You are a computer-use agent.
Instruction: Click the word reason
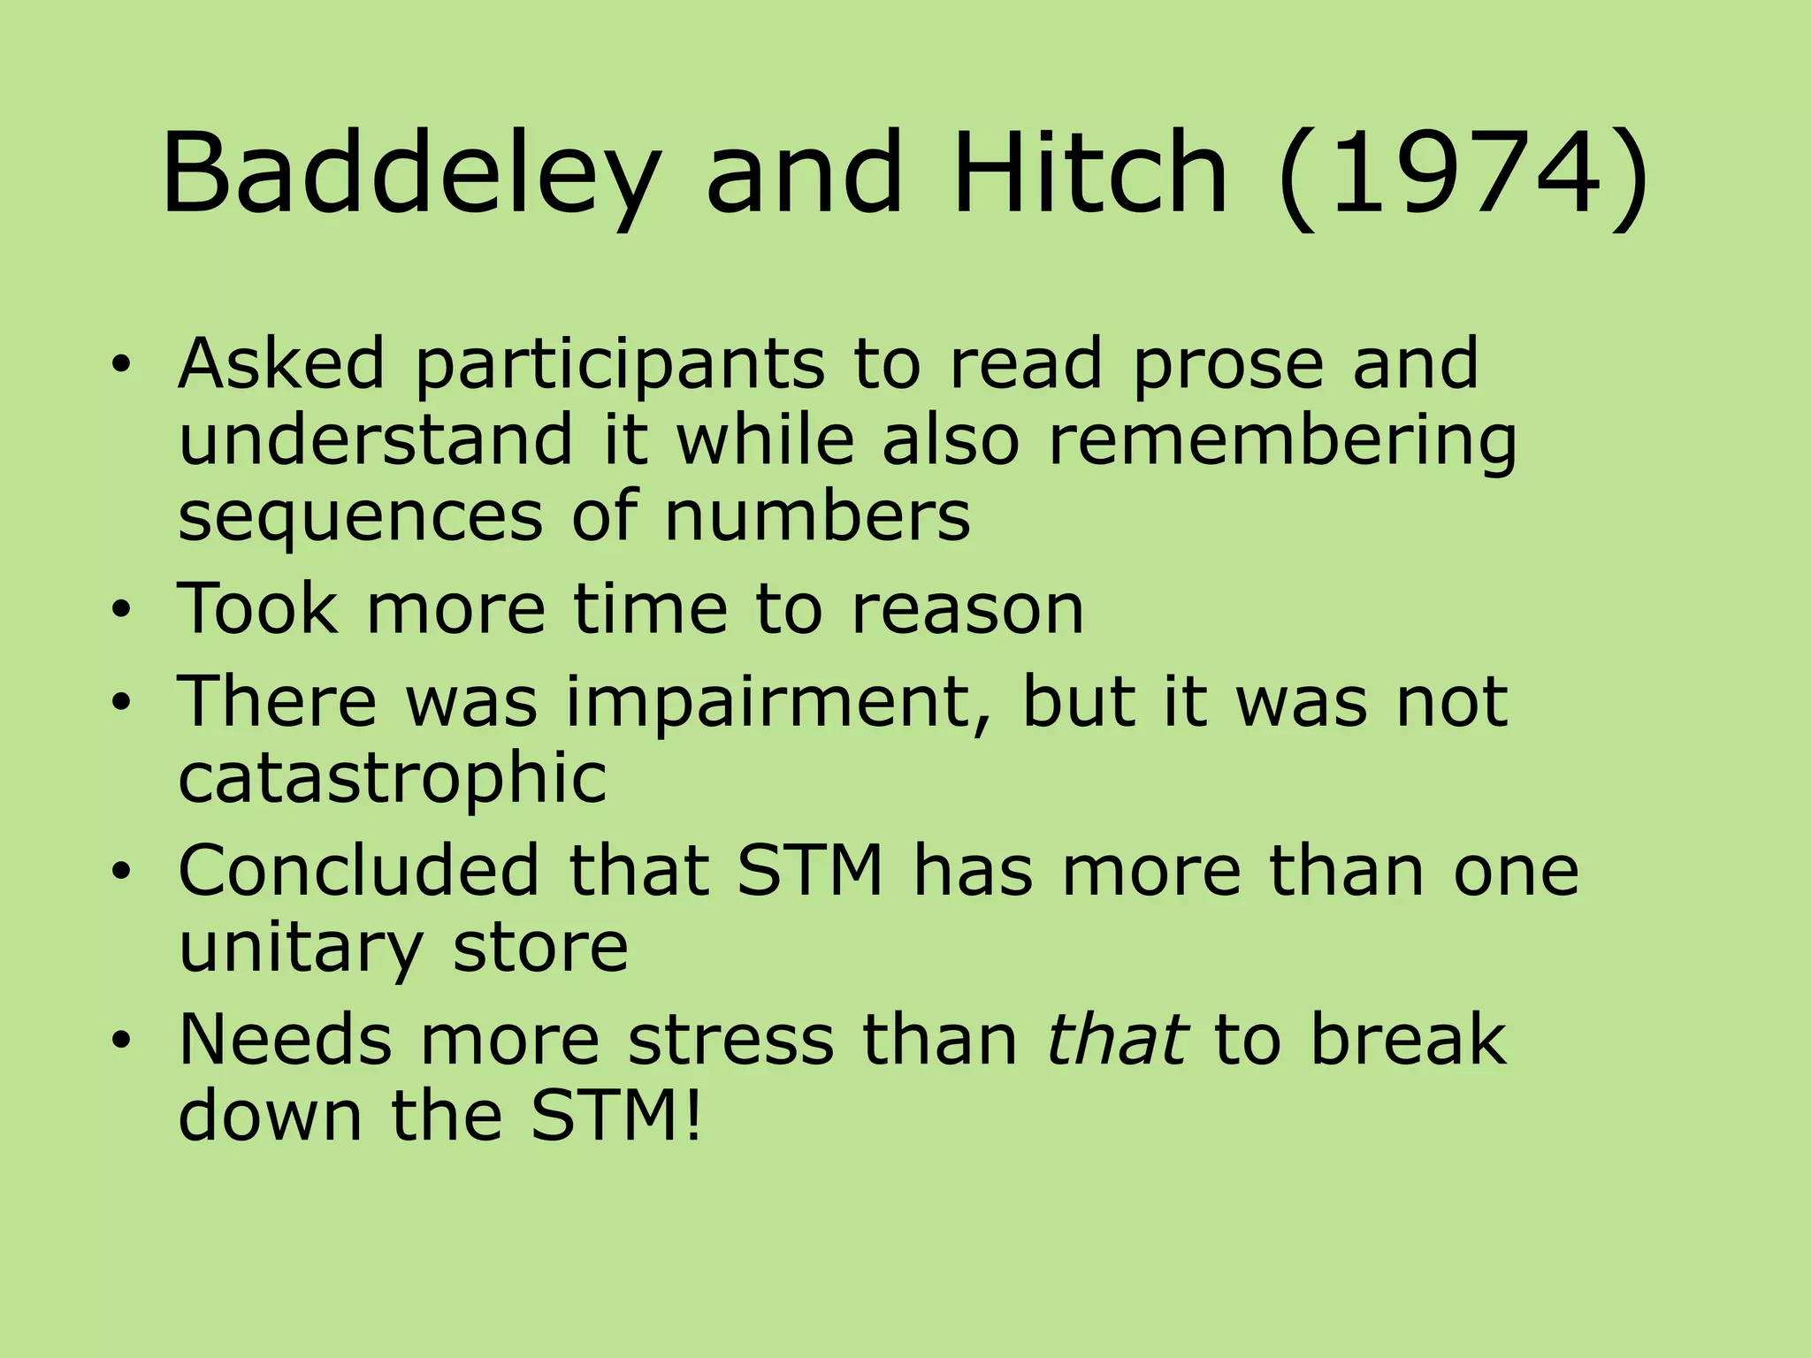click(967, 609)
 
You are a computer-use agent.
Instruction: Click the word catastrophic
click(393, 779)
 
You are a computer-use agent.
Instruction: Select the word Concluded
click(359, 871)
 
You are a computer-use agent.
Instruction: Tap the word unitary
click(301, 948)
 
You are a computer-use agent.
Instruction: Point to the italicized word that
click(1116, 1040)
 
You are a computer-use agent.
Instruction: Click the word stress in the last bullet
click(730, 1040)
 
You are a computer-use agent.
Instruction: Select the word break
click(1408, 1040)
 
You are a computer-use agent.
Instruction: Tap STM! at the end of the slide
click(616, 1116)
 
